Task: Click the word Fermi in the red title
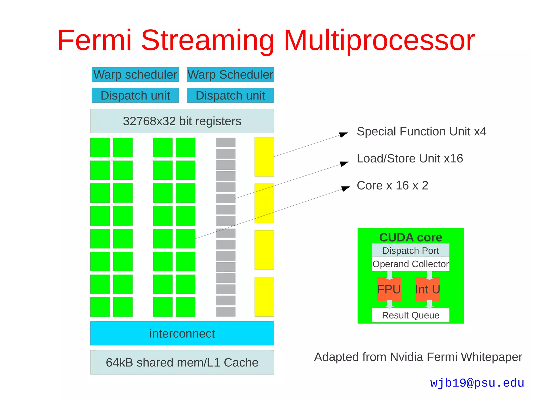[x=94, y=40]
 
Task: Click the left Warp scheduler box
[x=135, y=75]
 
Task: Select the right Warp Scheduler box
[x=230, y=75]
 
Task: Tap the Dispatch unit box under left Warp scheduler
[x=135, y=95]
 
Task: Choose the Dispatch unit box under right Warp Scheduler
[x=230, y=95]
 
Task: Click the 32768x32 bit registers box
[x=182, y=121]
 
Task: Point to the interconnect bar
[x=182, y=333]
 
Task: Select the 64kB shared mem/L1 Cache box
[x=182, y=362]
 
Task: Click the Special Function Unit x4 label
[x=421, y=132]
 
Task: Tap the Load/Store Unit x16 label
[x=410, y=159]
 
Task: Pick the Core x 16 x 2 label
[x=392, y=186]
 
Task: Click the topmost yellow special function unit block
[x=264, y=156]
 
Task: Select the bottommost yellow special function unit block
[x=264, y=297]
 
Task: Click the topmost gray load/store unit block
[x=226, y=142]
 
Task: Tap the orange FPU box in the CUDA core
[x=389, y=289]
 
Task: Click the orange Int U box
[x=427, y=289]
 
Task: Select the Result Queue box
[x=410, y=315]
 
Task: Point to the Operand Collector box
[x=410, y=264]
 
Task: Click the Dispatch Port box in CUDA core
[x=410, y=251]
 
